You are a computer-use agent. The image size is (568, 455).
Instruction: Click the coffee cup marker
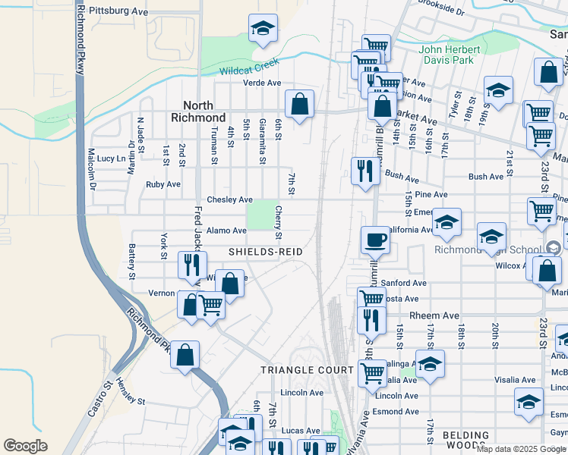375,240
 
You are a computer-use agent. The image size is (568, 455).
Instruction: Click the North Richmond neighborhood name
204,111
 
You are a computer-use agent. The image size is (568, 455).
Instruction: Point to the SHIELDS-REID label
266,252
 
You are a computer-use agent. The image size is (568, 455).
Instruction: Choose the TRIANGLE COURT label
307,370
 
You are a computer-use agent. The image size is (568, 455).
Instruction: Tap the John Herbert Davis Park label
450,55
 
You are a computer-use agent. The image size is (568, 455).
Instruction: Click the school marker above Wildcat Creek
263,29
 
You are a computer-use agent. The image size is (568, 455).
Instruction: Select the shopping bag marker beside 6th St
300,105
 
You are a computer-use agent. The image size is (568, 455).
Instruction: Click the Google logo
25,446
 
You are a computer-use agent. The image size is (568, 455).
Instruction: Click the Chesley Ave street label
230,199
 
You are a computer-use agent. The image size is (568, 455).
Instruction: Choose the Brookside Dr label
440,12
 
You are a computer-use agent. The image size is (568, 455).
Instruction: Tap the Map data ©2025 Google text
521,449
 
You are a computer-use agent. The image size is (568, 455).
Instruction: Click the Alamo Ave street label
226,231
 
